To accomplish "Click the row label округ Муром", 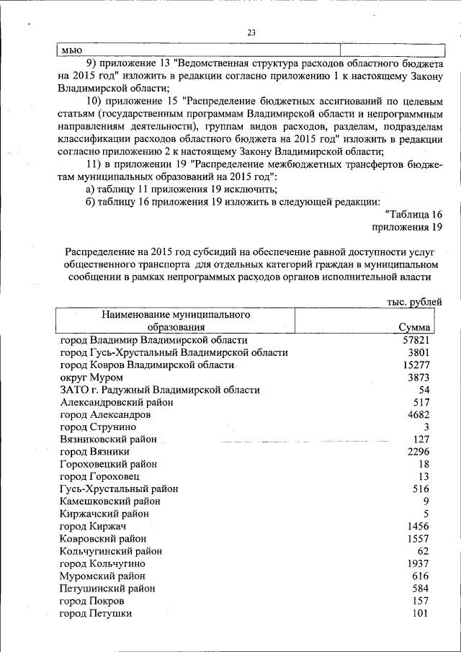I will (91, 378).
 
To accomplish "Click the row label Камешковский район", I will (110, 501).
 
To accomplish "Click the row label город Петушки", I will (96, 613).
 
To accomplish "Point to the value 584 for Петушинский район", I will (421, 588).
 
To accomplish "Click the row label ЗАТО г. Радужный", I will (160, 390).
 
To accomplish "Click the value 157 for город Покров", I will (421, 601).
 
